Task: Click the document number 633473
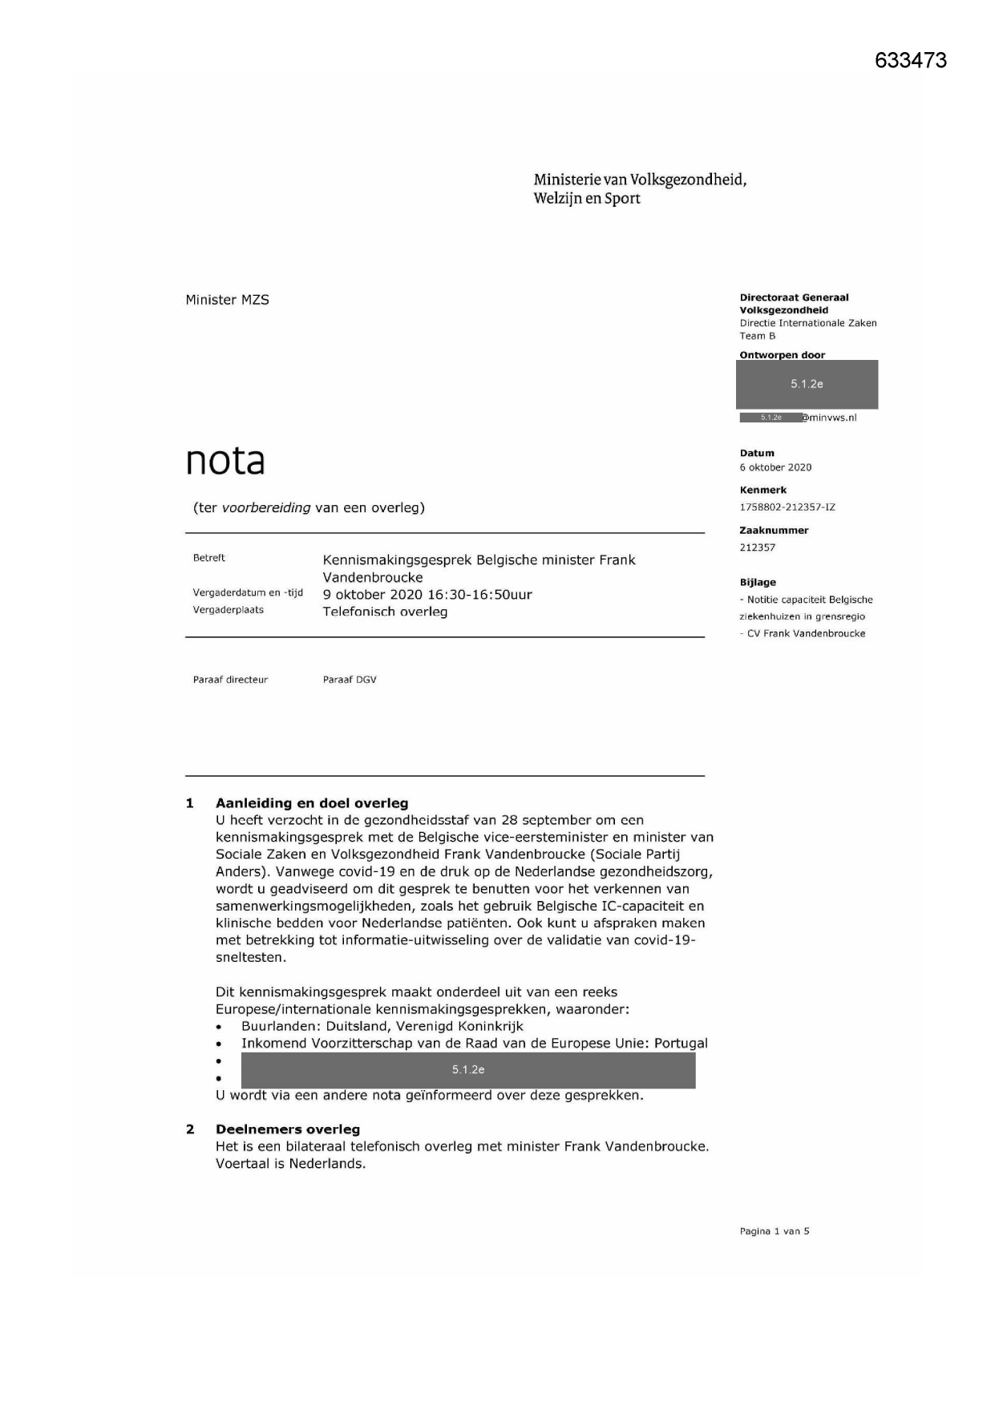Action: coord(911,61)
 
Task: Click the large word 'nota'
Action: coord(225,461)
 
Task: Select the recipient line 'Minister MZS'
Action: coord(227,300)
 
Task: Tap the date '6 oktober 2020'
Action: coord(775,467)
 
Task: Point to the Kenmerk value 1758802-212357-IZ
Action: coord(787,507)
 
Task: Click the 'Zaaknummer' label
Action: coord(774,531)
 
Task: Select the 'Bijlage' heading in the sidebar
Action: coord(758,583)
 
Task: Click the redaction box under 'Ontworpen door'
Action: coord(807,385)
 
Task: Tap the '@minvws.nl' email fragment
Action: coord(829,418)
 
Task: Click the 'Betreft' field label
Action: coord(209,558)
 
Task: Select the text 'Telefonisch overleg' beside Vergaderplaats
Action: coord(385,612)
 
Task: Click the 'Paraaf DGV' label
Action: coord(350,680)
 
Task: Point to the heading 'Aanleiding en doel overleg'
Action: coord(312,803)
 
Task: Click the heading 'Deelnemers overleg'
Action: coord(288,1129)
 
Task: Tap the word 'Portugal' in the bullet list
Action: coord(681,1044)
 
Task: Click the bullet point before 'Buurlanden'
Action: coord(219,1027)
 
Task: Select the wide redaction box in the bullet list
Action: coord(468,1070)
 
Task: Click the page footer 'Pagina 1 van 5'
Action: coord(775,1231)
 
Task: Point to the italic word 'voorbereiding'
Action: coord(266,507)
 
